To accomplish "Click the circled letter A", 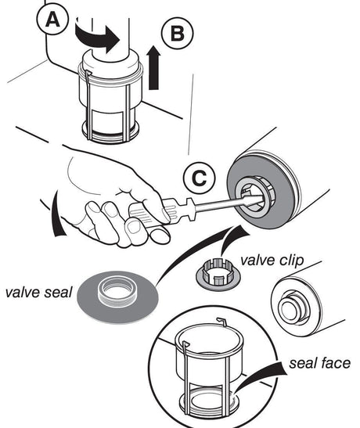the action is point(52,20).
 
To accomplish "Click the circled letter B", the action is point(177,34).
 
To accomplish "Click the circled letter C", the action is point(200,178).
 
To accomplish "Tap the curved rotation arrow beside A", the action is point(97,38).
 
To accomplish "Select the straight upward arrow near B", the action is point(153,67).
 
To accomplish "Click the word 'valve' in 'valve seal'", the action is point(23,293).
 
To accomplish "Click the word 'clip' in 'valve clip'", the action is point(291,261).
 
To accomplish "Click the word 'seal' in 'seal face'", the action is point(302,363).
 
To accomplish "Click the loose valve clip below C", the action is point(218,274).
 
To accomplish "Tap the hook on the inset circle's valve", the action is point(222,322).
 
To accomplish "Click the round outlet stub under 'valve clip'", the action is point(293,308).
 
